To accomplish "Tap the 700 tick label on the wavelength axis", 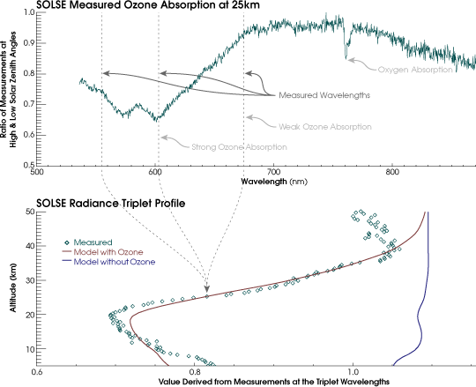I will (272, 172).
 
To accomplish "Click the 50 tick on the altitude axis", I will (28, 212).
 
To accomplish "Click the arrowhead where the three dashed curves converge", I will (207, 289).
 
